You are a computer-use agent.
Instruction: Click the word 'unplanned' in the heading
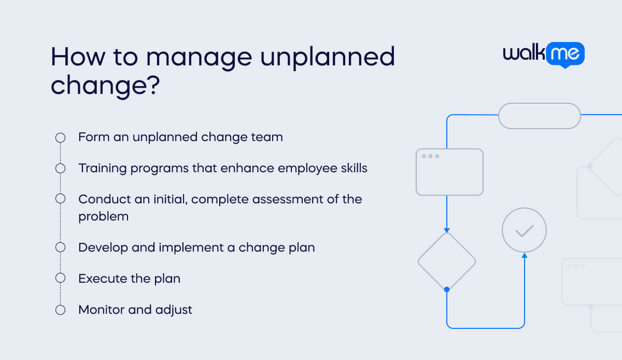pyautogui.click(x=327, y=57)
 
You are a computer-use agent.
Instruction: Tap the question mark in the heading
pyautogui.click(x=151, y=84)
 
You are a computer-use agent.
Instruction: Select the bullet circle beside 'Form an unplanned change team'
pyautogui.click(x=60, y=137)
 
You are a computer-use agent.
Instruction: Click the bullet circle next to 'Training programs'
pyautogui.click(x=60, y=168)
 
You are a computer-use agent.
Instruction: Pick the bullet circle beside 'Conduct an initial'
pyautogui.click(x=60, y=199)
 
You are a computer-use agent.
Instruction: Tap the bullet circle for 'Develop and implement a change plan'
pyautogui.click(x=60, y=247)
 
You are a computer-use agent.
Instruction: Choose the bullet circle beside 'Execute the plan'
pyautogui.click(x=60, y=278)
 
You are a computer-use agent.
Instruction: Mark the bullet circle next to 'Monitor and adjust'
pyautogui.click(x=60, y=310)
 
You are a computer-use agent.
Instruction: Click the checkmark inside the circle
pyautogui.click(x=524, y=230)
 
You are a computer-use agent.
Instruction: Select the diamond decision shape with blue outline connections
pyautogui.click(x=446, y=261)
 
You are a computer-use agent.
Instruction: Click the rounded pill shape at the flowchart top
pyautogui.click(x=539, y=116)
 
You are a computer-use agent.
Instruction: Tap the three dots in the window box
pyautogui.click(x=431, y=156)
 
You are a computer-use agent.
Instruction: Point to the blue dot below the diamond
pyautogui.click(x=447, y=289)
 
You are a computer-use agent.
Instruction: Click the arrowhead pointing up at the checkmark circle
pyautogui.click(x=525, y=255)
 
